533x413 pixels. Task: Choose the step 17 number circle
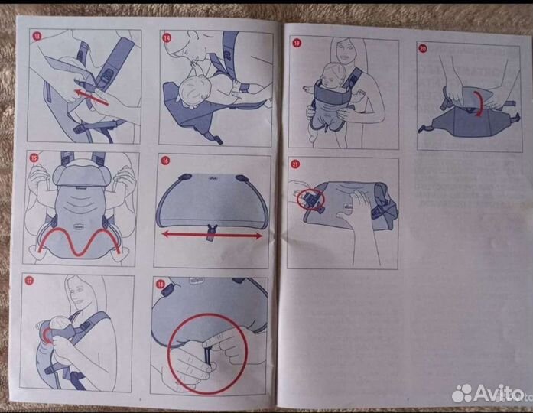pyautogui.click(x=31, y=281)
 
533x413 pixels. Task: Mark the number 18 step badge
pyautogui.click(x=161, y=284)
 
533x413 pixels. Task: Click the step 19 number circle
pyautogui.click(x=297, y=44)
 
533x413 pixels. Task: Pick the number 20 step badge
pyautogui.click(x=424, y=47)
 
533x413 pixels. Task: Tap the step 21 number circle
pyautogui.click(x=296, y=164)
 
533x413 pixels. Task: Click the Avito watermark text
pyautogui.click(x=497, y=393)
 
